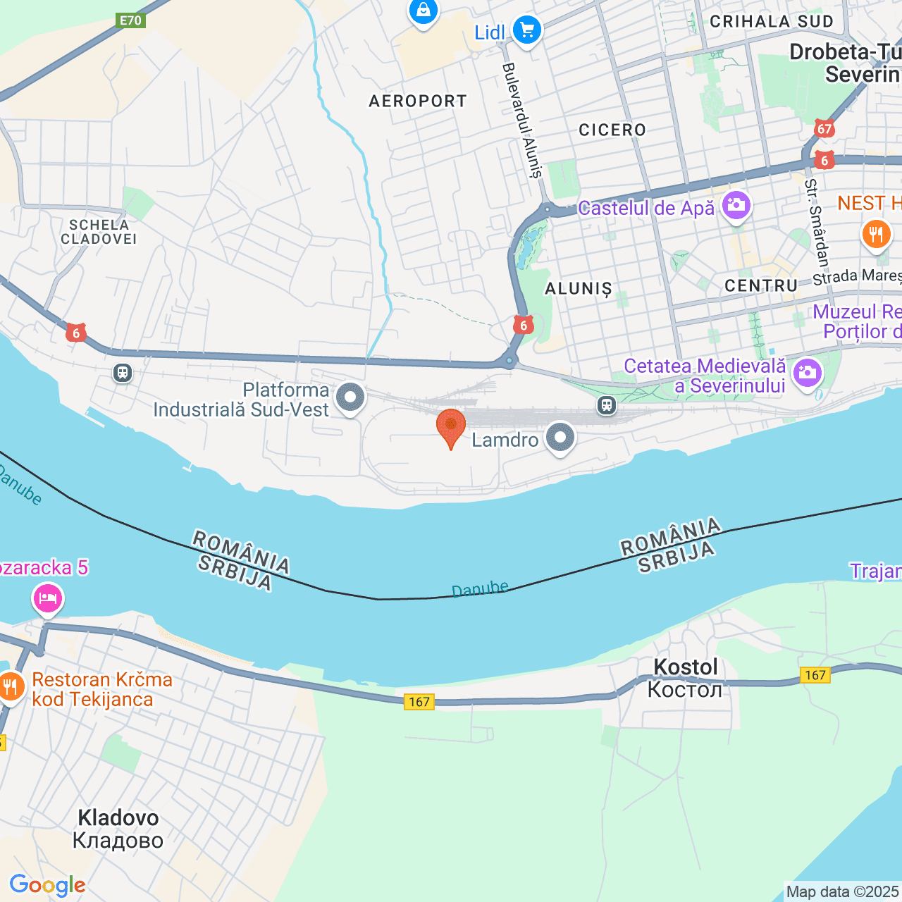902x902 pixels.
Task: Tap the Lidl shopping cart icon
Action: coord(526,30)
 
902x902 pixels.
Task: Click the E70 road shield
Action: coord(130,20)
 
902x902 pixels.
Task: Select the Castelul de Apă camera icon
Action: coord(736,205)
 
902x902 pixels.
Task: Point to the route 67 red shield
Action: coord(824,129)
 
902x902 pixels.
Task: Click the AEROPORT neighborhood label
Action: coord(418,101)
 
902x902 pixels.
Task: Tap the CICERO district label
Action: coord(612,130)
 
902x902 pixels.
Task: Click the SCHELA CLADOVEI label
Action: coord(99,232)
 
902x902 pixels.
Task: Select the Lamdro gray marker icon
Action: coord(560,438)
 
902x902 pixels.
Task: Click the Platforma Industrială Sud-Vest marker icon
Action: coord(350,397)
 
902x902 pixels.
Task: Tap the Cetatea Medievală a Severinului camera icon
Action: coord(807,372)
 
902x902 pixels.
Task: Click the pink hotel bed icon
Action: coord(48,598)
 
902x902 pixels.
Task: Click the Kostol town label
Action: coord(685,677)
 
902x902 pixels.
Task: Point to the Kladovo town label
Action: coord(118,828)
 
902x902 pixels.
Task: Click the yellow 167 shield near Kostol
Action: coord(815,675)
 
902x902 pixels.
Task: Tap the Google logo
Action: coord(47,885)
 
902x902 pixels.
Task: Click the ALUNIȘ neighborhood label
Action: coord(579,289)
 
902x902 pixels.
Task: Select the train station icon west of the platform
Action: coord(123,372)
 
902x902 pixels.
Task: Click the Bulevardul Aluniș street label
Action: coord(522,120)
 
